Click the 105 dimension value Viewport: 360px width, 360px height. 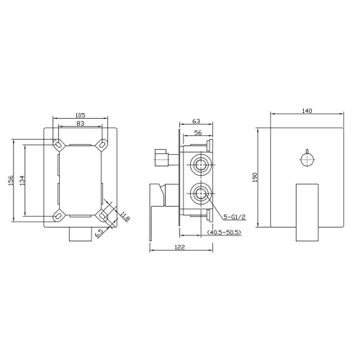tap(80, 115)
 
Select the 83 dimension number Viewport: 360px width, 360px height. tap(81, 123)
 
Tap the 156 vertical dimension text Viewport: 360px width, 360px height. tap(11, 180)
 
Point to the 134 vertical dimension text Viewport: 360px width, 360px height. tap(22, 180)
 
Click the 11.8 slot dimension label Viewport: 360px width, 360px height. tap(125, 216)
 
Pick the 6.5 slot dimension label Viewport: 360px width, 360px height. tap(99, 233)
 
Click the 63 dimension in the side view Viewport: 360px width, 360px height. tap(197, 121)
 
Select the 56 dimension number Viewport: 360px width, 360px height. tap(198, 132)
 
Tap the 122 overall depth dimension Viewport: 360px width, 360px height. tap(180, 247)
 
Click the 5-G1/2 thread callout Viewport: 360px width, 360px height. tap(235, 217)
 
